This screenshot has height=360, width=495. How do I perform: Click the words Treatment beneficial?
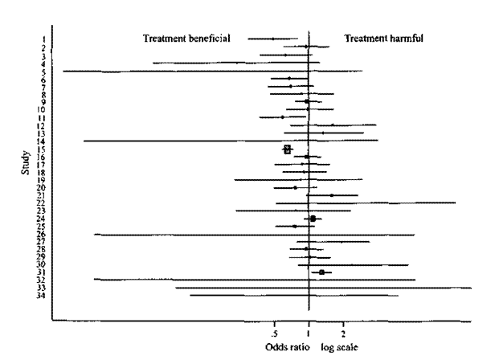[186, 38]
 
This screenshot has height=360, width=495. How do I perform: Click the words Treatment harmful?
[384, 38]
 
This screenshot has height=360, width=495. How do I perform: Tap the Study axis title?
[27, 167]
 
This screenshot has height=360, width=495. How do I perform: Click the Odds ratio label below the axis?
[285, 347]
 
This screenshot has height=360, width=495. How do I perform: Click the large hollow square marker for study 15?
[288, 149]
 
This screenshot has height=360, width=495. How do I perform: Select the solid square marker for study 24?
[313, 219]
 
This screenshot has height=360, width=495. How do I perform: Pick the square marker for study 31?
[321, 272]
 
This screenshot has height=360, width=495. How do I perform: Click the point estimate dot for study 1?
[272, 39]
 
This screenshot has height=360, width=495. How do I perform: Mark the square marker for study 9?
[306, 102]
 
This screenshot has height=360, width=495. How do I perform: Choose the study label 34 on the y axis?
[41, 296]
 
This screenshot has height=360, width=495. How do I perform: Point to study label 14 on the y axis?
[41, 141]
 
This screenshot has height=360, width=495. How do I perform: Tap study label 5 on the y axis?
[43, 72]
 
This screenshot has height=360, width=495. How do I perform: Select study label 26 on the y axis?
[41, 234]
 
